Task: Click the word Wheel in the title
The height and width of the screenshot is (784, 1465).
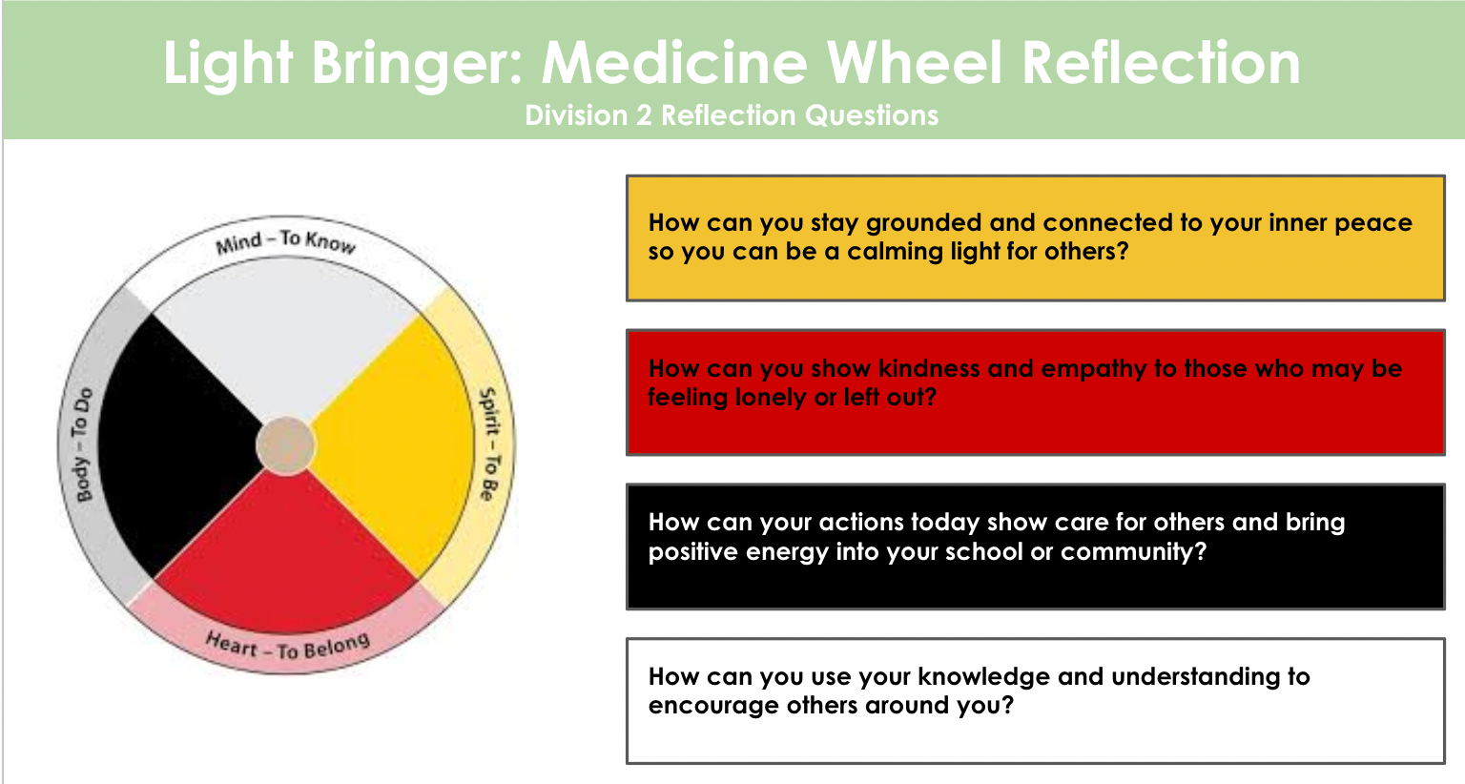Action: point(915,63)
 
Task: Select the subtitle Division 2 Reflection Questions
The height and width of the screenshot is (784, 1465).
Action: point(732,115)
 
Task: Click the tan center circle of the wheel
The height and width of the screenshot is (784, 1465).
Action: point(285,444)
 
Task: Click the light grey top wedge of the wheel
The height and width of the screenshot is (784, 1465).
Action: point(286,343)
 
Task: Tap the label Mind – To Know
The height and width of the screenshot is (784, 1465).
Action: point(286,242)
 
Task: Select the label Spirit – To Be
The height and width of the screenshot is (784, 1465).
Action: point(488,444)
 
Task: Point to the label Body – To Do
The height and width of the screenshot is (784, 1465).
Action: point(83,444)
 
